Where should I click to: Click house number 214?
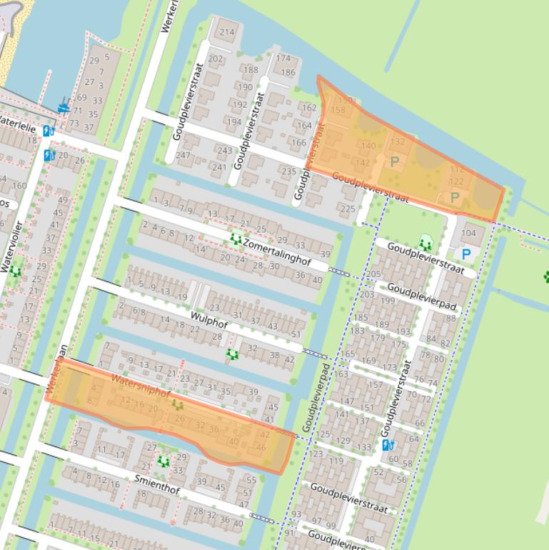pyautogui.click(x=227, y=32)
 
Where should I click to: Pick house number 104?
pyautogui.click(x=468, y=234)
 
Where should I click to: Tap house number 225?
pyautogui.click(x=347, y=209)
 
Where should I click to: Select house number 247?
pyautogui.click(x=183, y=155)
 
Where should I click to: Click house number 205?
pyautogui.click(x=373, y=274)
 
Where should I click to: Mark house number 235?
pyautogui.click(x=288, y=171)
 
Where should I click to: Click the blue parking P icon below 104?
pyautogui.click(x=466, y=254)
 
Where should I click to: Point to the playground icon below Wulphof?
pyautogui.click(x=231, y=354)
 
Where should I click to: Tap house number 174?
pyautogui.click(x=283, y=59)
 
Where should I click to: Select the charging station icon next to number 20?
pyautogui.click(x=49, y=155)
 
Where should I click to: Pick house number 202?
pyautogui.click(x=215, y=59)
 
